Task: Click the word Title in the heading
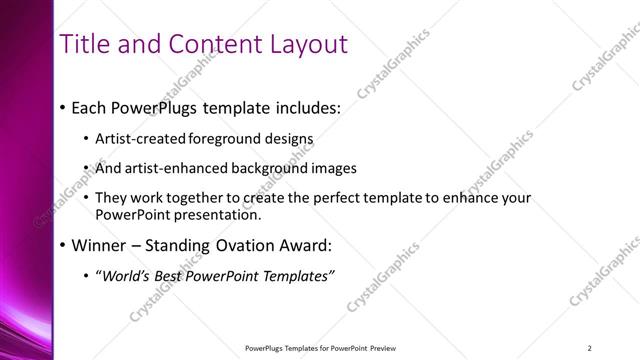point(85,44)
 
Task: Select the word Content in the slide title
point(206,44)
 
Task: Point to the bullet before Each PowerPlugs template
point(64,107)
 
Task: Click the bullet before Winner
point(64,245)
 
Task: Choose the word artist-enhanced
point(166,169)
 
